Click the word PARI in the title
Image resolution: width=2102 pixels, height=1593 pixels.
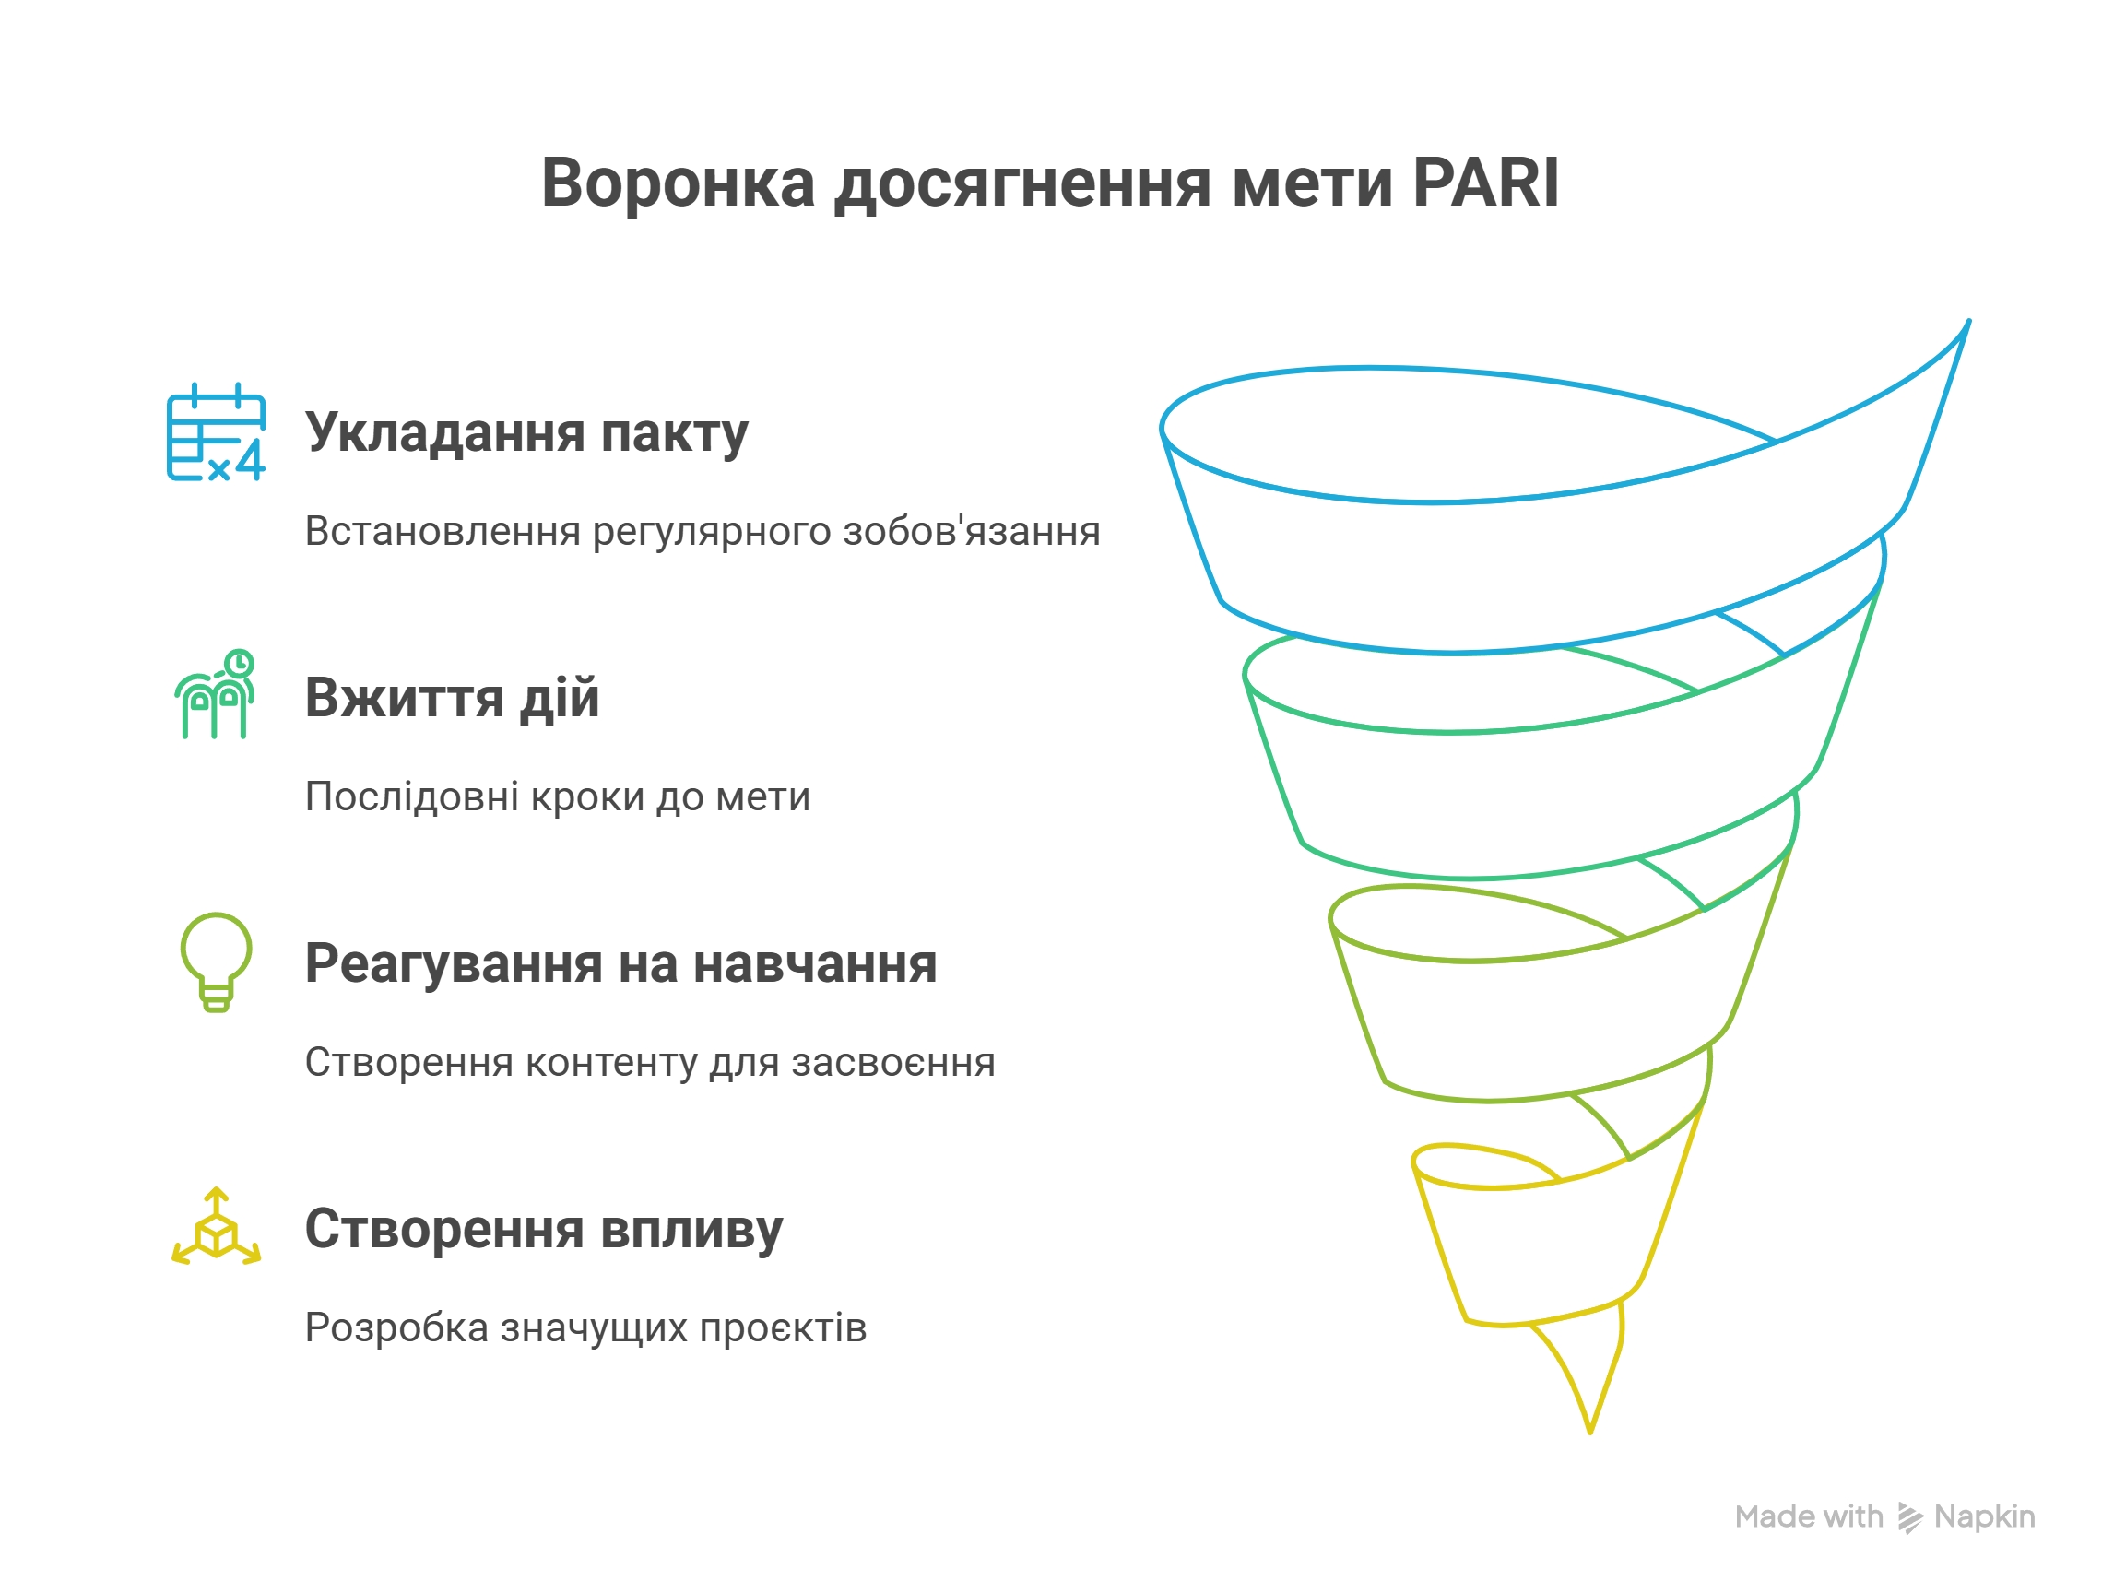point(1485,182)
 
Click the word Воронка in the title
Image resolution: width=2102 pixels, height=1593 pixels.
point(678,182)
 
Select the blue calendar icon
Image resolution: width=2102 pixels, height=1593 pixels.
point(216,431)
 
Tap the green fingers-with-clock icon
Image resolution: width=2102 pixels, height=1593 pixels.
point(215,694)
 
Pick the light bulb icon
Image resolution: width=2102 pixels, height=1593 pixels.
point(217,962)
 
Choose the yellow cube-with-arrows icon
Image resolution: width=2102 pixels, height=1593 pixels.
point(216,1226)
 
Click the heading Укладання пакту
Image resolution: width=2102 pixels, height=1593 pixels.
point(526,433)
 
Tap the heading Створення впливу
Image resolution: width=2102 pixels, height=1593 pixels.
point(544,1229)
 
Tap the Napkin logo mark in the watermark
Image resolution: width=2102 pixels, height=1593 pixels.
point(1909,1518)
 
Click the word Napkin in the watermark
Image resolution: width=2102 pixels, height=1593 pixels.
point(1984,1517)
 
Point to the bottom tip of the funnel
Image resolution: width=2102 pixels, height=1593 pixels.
point(1589,1433)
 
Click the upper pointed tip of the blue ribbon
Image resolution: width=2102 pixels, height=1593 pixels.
point(1969,321)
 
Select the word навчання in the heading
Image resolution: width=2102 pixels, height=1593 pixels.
point(815,964)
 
